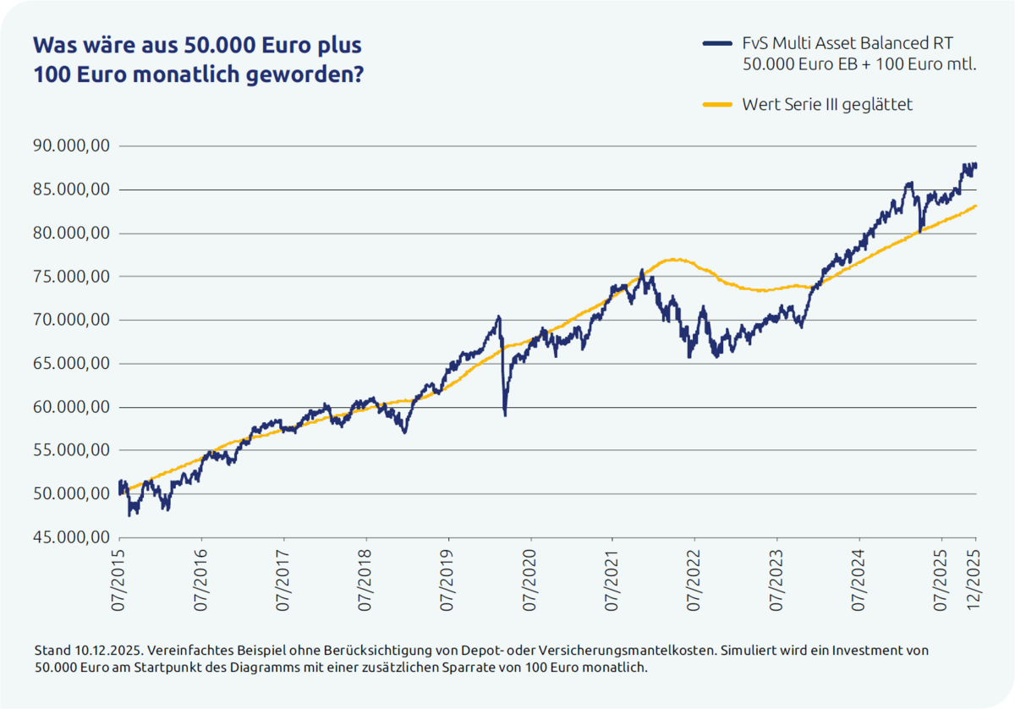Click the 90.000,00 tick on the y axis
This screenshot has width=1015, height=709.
71,146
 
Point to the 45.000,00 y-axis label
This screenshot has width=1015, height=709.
71,537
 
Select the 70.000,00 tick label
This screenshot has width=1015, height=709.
71,320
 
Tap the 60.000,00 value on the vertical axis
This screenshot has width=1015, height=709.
71,407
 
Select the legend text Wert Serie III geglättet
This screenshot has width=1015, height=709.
826,105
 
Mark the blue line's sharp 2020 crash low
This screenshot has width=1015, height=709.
505,415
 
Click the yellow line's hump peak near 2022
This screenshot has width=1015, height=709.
672,259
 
